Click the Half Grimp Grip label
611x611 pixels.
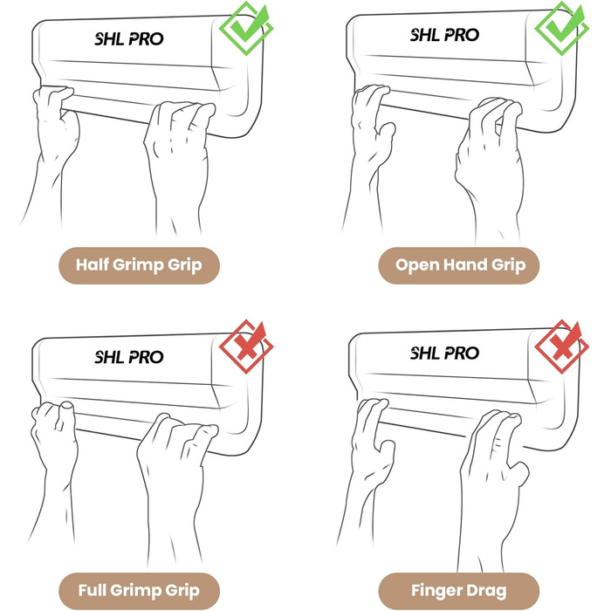(x=139, y=265)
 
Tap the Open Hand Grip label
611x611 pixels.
(x=459, y=265)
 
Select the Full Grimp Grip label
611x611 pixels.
(x=139, y=591)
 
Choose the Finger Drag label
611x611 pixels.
(x=459, y=591)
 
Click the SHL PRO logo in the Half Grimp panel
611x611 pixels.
(x=129, y=38)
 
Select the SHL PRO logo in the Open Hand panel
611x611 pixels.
(x=444, y=35)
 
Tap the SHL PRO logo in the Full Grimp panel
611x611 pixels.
(x=129, y=357)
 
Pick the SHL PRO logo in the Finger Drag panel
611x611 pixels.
(x=444, y=353)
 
